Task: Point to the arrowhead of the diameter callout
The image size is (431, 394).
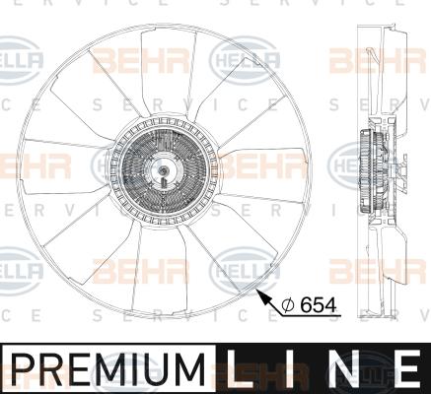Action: [258, 292]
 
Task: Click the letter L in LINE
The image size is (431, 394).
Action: [246, 370]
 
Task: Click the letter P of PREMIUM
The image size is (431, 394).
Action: [21, 370]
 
